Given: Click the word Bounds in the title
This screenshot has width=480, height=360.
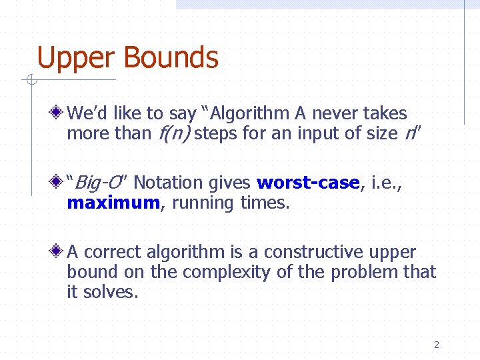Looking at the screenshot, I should [x=171, y=57].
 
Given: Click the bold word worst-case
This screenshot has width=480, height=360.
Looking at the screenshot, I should [x=308, y=183].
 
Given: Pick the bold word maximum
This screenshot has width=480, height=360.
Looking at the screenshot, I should [x=113, y=203].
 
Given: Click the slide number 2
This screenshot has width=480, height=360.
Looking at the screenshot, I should [x=437, y=345].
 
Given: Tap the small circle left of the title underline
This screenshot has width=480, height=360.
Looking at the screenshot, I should [x=30, y=81].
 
